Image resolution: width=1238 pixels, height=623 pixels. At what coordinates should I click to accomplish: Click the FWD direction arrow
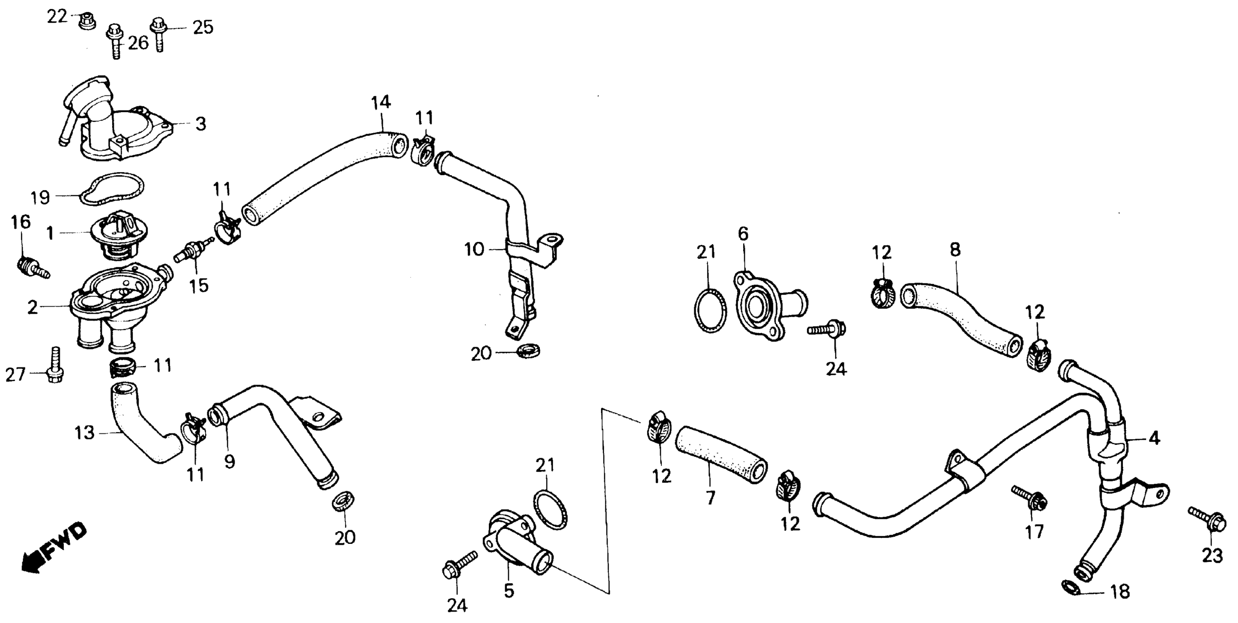click(x=54, y=548)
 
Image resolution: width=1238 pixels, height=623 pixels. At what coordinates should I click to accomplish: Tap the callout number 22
click(x=57, y=17)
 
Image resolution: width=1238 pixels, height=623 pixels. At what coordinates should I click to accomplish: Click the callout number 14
click(x=381, y=102)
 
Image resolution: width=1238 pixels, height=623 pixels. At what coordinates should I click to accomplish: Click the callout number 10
click(x=474, y=250)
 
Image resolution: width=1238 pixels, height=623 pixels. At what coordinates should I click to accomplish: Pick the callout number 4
click(x=1154, y=438)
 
